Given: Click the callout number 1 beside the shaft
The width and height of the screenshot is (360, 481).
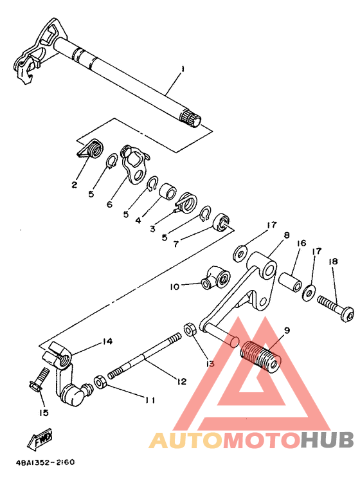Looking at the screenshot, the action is click(183, 69).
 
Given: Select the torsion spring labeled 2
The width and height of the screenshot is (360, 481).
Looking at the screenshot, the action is click(91, 149).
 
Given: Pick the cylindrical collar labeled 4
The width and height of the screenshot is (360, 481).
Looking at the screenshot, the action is click(168, 192).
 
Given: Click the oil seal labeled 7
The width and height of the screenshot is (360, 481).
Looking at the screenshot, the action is click(221, 222).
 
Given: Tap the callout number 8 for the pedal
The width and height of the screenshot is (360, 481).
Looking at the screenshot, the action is click(287, 235).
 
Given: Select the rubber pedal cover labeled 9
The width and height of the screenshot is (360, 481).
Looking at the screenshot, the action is click(260, 355).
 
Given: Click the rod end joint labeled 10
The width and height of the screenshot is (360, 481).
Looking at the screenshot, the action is click(216, 278).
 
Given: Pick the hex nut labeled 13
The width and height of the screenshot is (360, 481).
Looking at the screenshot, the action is click(189, 331).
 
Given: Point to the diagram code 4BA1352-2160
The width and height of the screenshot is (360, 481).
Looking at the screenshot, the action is click(45, 462).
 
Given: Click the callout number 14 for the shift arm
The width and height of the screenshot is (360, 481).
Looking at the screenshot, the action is click(107, 341).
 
